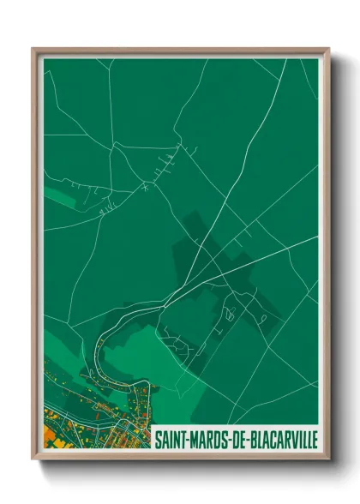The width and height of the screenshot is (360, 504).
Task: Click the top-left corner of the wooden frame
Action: [33, 48]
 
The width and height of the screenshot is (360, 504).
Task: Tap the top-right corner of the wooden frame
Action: [328, 48]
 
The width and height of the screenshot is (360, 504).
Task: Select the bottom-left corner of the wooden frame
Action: [33, 459]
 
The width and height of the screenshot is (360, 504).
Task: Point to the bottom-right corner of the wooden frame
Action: [328, 459]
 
